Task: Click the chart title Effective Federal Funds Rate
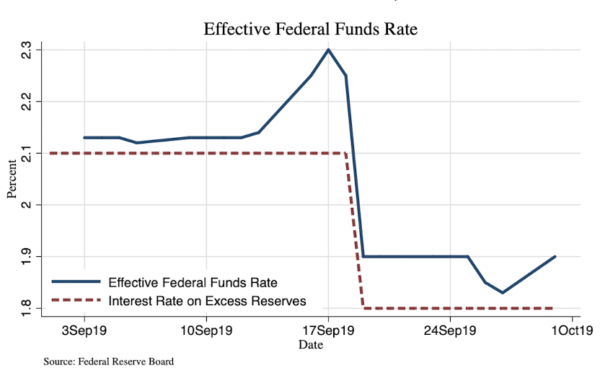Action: tap(311, 30)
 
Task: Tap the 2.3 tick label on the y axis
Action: tap(27, 50)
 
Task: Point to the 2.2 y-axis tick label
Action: tap(27, 102)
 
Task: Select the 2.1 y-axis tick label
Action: tap(27, 153)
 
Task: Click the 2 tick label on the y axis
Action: tap(27, 205)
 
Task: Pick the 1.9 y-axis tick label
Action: tap(27, 257)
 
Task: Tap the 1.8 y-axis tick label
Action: tap(27, 308)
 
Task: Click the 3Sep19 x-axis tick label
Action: tap(84, 332)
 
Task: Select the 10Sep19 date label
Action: tap(206, 332)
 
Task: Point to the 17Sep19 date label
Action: tap(328, 332)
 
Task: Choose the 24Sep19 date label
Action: tap(450, 332)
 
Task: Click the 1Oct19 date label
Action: tap(572, 332)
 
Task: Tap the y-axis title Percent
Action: tap(12, 179)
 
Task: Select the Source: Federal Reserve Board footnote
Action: tap(108, 362)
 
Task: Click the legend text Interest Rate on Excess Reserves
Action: tap(208, 300)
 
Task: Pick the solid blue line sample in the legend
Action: tap(76, 281)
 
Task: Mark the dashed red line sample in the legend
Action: tap(76, 300)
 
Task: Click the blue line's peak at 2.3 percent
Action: tap(328, 50)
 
